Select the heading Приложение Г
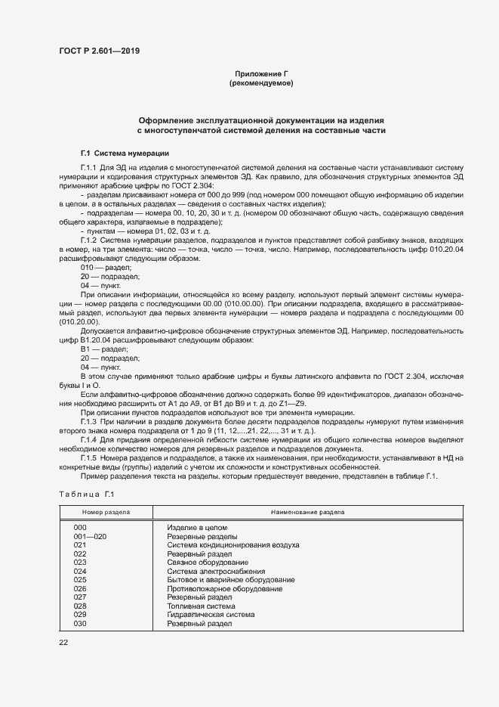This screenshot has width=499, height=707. pyautogui.click(x=261, y=73)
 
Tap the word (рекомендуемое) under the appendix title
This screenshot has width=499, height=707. pyautogui.click(x=261, y=82)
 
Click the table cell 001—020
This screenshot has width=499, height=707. pyautogui.click(x=91, y=535)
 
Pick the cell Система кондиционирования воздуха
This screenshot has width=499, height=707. pyautogui.click(x=233, y=544)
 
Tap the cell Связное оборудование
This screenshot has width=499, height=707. pyautogui.click(x=208, y=562)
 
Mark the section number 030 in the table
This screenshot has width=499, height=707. pyautogui.click(x=81, y=623)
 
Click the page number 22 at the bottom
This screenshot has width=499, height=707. pyautogui.click(x=64, y=642)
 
